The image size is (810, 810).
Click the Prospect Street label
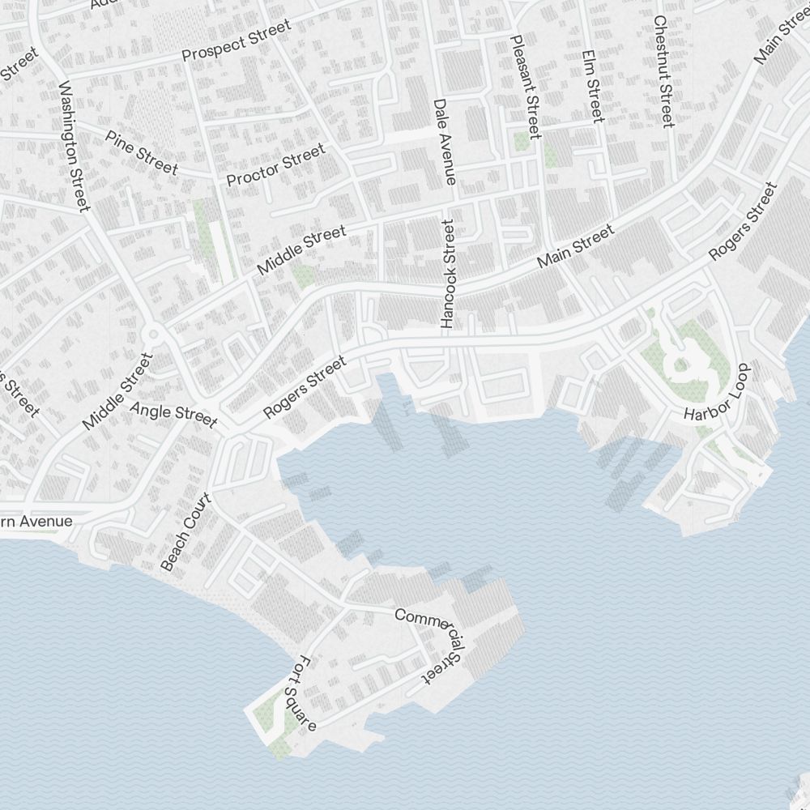236,41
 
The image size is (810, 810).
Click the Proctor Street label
275,164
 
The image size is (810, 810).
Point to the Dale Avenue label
445,142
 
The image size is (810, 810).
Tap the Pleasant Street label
525,85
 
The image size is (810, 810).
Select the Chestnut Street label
663,71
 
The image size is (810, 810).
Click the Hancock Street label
449,273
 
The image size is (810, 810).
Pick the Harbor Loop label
718,392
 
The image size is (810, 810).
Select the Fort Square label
306,693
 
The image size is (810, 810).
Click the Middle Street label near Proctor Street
301,250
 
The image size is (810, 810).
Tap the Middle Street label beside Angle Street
117,391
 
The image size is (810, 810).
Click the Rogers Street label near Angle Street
305,389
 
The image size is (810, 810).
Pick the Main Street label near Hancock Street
576,248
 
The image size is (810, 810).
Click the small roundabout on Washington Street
151,334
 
